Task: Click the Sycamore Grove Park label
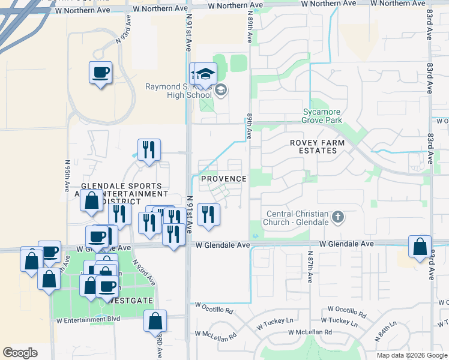322,115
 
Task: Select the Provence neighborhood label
223,179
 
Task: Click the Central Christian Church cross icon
338,217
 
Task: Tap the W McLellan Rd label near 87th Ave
310,332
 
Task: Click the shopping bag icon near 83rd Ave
420,247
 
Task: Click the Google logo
20,353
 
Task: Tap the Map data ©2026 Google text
411,355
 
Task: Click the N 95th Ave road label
67,175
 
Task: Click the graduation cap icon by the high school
205,74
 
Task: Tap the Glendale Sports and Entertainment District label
125,194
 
